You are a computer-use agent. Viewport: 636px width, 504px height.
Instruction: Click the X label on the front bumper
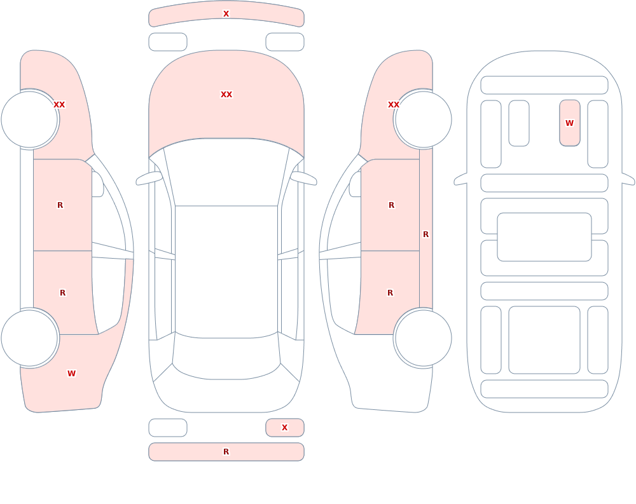(226, 14)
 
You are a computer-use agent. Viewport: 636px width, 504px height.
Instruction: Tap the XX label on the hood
(226, 95)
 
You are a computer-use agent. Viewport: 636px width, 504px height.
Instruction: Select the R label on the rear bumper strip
(226, 452)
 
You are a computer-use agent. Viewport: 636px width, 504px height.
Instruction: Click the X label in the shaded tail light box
(285, 427)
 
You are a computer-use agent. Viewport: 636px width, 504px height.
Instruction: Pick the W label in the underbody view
(569, 123)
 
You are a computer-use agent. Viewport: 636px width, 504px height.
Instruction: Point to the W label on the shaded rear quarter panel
(71, 374)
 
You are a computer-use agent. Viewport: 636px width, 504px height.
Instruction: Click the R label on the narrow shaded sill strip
(426, 235)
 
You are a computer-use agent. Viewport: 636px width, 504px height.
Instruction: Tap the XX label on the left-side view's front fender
(59, 105)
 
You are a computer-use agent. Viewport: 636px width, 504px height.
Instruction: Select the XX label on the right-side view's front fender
(394, 105)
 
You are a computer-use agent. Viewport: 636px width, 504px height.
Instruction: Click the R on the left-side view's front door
(60, 205)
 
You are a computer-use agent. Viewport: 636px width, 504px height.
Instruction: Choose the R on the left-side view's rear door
(62, 293)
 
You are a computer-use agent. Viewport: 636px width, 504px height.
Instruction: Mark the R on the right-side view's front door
(391, 205)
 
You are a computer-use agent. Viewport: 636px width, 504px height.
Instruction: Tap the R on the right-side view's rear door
(391, 293)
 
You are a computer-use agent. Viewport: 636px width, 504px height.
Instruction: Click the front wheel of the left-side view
(30, 119)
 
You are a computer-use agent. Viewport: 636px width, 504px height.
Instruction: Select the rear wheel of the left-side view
(30, 337)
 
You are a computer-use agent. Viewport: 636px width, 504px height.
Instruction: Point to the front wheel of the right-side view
(424, 119)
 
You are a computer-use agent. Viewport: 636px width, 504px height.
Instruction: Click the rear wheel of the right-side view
(424, 337)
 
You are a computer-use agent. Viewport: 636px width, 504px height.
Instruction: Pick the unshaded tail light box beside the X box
(168, 428)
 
